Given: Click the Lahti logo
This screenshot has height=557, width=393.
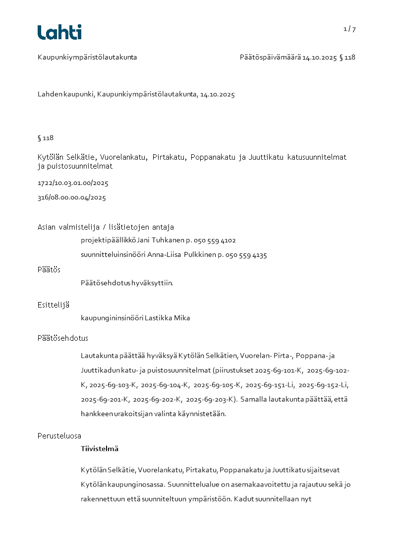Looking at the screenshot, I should click(59, 32).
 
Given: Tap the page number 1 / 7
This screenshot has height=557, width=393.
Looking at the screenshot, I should click(349, 29).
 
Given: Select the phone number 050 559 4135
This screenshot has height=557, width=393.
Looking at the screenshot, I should click(246, 255).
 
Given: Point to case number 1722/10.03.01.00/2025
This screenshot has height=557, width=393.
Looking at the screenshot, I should click(73, 183).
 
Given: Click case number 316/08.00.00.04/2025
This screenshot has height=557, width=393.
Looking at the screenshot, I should click(72, 197).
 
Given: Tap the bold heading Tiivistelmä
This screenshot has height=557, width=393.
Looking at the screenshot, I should click(100, 449).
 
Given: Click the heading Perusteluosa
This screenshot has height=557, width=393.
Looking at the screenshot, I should click(59, 436).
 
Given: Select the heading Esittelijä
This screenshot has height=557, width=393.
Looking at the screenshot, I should click(54, 305).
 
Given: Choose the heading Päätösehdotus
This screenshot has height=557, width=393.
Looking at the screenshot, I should click(63, 338).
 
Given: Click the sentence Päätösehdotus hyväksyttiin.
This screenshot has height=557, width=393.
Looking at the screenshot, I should click(127, 283).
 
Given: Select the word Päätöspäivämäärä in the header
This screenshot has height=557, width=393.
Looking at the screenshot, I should click(270, 57).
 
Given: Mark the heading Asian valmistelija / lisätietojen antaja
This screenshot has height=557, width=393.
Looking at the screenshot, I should click(106, 227).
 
